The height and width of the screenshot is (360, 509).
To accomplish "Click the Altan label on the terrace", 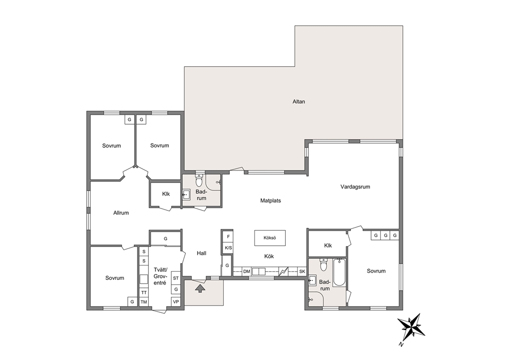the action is coord(299,101).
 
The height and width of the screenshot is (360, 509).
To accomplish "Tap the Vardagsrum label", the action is coord(355,187).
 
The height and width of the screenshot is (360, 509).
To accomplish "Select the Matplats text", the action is coord(270,200).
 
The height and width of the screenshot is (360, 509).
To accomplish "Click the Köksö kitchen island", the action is coord(270,238).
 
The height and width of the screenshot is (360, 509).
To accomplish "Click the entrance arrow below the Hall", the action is coord(200,288).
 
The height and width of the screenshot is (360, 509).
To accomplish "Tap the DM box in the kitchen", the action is coord(247,271).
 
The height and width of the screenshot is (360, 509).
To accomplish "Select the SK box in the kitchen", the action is coord(302,271).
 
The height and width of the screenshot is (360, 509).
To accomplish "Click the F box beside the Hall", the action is coord(228,237).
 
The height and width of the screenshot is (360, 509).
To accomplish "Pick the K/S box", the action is coord(228,248).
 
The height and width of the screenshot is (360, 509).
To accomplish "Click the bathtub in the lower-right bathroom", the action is coord(340,272).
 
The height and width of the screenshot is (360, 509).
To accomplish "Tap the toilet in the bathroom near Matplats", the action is coord(199,180).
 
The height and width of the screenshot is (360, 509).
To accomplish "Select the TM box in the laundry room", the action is coord(144,302).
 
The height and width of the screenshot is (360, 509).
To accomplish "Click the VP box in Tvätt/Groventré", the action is coord(175,301).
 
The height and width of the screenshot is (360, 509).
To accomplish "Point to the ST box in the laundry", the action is coord(175,278).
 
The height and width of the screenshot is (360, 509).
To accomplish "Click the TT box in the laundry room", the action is coord(144,292).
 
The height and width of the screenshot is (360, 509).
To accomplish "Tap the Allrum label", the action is coord(121,213).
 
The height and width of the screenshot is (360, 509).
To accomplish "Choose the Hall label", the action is coord(201,253).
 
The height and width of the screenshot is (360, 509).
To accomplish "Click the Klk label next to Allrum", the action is coord(166,194).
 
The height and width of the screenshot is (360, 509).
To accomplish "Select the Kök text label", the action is coord(269,256).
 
